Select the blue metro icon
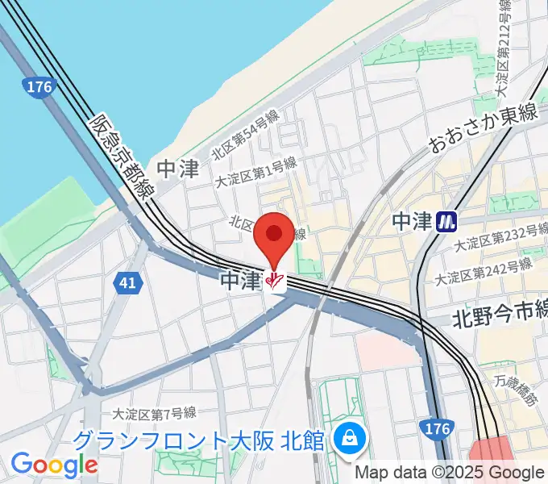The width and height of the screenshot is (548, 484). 445,221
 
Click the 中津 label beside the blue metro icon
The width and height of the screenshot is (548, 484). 411,221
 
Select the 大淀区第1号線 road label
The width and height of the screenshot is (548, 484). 255,174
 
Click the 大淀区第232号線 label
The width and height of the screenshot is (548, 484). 496,240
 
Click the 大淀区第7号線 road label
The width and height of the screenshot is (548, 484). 154,415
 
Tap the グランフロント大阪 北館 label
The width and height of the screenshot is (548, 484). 198,440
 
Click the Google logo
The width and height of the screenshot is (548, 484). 54,465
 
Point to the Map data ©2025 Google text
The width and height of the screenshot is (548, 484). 450,473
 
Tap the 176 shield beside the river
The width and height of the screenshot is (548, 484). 38,86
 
